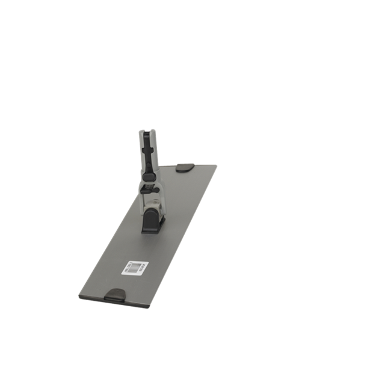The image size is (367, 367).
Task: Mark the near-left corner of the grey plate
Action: pyautogui.click(x=79, y=297)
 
